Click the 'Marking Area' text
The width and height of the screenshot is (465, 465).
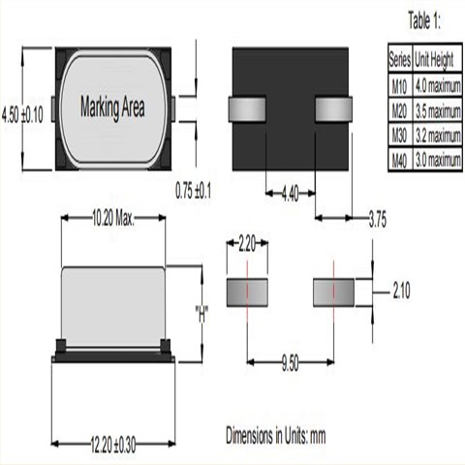click(112, 107)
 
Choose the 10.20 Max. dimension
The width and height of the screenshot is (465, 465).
click(111, 220)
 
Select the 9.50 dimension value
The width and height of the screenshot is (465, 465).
click(289, 362)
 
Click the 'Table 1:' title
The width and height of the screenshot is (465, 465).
click(424, 20)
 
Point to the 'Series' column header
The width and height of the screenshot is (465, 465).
click(400, 57)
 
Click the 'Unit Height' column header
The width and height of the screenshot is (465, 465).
click(437, 57)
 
